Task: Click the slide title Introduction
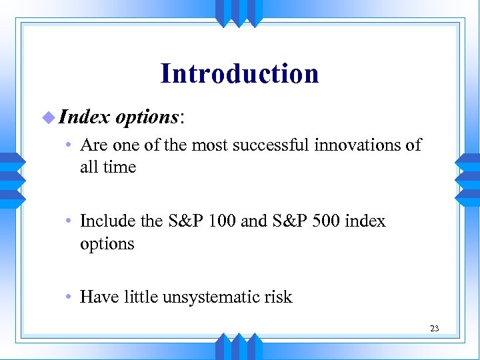point(239,73)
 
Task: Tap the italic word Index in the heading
point(84,117)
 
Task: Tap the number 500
point(324,221)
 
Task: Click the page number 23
point(434,329)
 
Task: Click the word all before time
point(88,167)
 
